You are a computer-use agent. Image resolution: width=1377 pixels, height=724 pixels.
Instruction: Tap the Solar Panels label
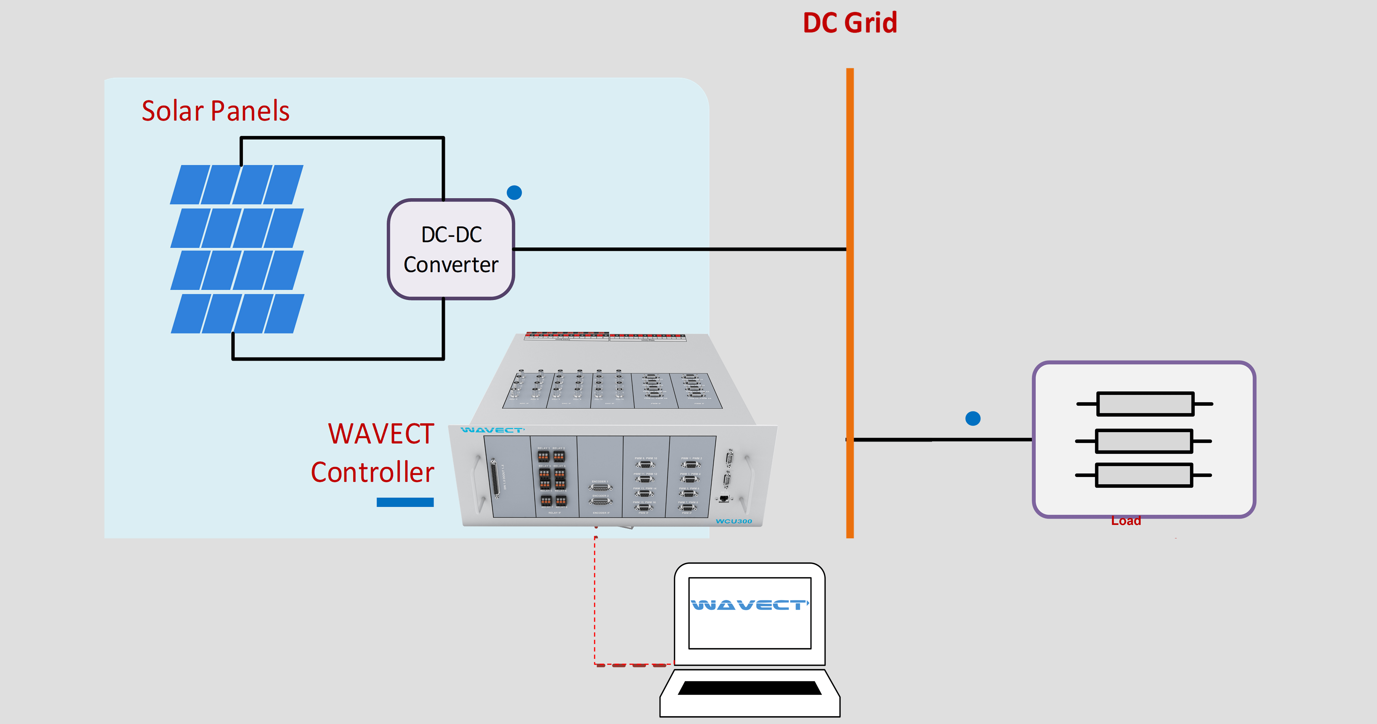click(x=215, y=111)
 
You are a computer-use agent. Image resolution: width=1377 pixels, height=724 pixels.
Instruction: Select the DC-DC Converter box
click(x=451, y=249)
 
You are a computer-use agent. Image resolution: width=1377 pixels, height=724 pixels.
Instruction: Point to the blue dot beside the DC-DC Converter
click(x=514, y=193)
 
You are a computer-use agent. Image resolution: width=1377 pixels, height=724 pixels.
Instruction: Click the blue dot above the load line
click(x=973, y=418)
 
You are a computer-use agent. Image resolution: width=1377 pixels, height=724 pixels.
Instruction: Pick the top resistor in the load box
click(x=1145, y=404)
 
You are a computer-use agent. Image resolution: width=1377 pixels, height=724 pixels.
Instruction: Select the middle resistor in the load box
click(x=1143, y=441)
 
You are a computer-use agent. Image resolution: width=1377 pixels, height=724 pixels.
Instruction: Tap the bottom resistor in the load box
click(x=1143, y=475)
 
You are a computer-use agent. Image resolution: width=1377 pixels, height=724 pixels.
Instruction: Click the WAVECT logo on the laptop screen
click(x=750, y=605)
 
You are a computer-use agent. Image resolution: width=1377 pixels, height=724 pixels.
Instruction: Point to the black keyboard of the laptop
click(x=750, y=688)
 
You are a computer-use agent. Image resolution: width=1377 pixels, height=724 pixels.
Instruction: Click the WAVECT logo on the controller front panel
click(x=492, y=430)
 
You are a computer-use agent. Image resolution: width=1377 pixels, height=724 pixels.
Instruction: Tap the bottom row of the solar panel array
click(x=237, y=314)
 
